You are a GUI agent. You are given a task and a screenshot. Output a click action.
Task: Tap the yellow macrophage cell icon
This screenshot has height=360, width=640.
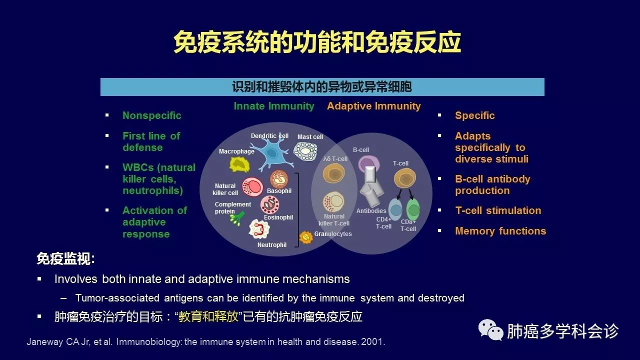click(x=239, y=165)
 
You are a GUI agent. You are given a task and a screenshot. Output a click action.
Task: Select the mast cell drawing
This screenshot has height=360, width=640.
click(x=305, y=151)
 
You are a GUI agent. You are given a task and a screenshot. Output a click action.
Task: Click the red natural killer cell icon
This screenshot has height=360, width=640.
click(x=252, y=187)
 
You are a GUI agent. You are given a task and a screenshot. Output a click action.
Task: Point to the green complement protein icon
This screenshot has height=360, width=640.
click(x=237, y=218)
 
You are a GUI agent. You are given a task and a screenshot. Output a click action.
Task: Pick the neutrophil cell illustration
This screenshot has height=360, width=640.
click(x=259, y=229)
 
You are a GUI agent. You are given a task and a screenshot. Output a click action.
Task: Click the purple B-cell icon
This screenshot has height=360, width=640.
click(x=369, y=165)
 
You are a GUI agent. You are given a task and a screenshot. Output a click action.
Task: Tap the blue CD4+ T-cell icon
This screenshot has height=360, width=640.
click(x=395, y=209)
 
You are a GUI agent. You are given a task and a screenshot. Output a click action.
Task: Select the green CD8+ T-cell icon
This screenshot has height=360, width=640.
click(x=413, y=209)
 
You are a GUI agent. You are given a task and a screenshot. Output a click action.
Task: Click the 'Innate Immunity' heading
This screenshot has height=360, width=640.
click(x=274, y=106)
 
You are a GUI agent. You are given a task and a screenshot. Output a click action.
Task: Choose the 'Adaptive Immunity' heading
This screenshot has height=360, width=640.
click(x=373, y=106)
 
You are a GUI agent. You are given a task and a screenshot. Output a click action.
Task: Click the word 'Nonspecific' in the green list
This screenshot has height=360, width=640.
click(x=151, y=115)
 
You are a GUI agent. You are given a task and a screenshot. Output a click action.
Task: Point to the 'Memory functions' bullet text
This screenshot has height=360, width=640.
click(x=500, y=231)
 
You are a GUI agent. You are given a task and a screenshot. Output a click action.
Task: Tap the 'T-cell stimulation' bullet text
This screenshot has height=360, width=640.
click(x=498, y=210)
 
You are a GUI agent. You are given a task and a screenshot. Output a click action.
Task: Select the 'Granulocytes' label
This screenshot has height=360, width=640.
click(x=333, y=233)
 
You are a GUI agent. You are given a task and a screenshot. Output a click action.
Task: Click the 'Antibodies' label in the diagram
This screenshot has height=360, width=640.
click(x=371, y=211)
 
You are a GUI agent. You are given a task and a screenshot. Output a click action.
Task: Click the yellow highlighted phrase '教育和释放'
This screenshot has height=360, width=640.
click(x=208, y=316)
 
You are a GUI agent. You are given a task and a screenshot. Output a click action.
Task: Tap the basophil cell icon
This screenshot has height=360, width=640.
click(x=279, y=179)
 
